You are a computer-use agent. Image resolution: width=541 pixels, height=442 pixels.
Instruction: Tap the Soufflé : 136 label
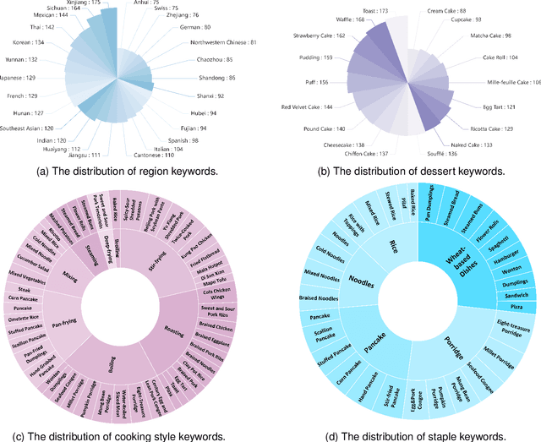[443, 153]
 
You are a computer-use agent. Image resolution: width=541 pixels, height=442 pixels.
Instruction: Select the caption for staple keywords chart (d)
[406, 436]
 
